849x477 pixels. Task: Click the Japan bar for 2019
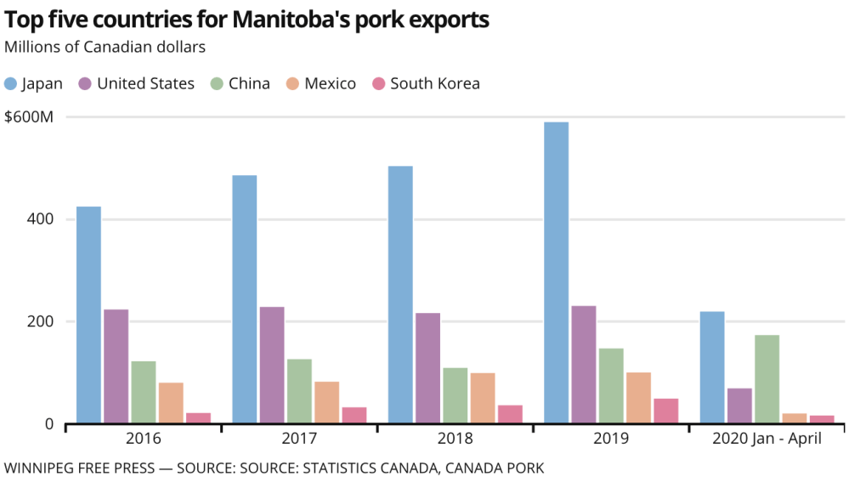tap(556, 272)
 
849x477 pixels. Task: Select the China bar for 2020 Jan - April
tap(767, 378)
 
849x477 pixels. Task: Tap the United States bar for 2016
tap(116, 366)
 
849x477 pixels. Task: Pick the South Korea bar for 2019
tap(666, 410)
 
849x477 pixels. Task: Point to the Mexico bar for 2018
tap(483, 397)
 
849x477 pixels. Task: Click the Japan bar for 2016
tap(88, 315)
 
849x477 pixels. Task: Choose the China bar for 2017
tap(299, 390)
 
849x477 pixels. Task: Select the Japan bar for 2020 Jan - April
tap(712, 367)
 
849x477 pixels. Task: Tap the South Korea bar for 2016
tap(198, 417)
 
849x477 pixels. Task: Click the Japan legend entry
tap(34, 83)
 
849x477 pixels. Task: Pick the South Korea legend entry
tap(425, 83)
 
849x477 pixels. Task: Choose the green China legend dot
tap(217, 83)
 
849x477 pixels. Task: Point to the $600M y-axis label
tap(29, 116)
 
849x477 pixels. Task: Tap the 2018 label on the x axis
tap(455, 439)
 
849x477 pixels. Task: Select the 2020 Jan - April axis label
tap(767, 439)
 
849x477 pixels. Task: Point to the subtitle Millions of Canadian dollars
tap(105, 47)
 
